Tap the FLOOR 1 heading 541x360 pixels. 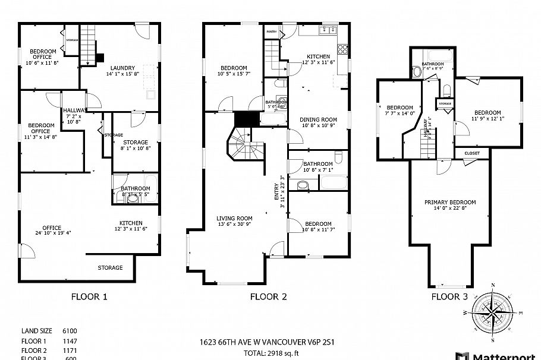89,296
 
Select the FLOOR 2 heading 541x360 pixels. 268,296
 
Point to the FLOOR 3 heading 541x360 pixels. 449,296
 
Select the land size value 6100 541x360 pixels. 70,331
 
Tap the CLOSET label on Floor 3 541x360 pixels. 472,153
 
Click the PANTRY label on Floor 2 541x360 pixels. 271,31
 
